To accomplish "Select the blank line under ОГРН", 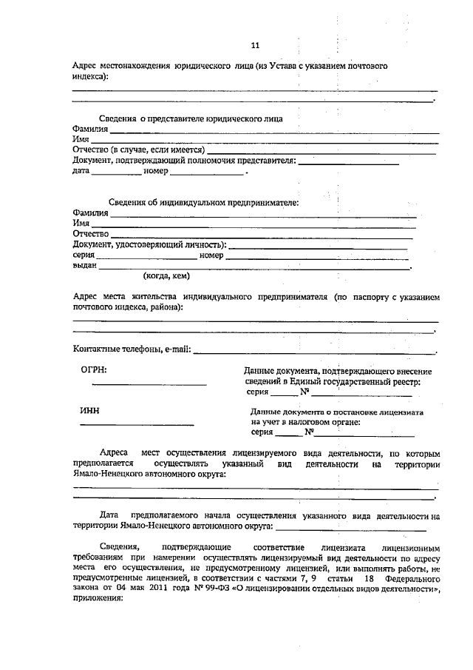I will [149, 385].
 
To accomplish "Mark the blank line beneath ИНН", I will [137, 425].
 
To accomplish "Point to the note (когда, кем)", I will [166, 276].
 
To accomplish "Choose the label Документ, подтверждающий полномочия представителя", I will [184, 161].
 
